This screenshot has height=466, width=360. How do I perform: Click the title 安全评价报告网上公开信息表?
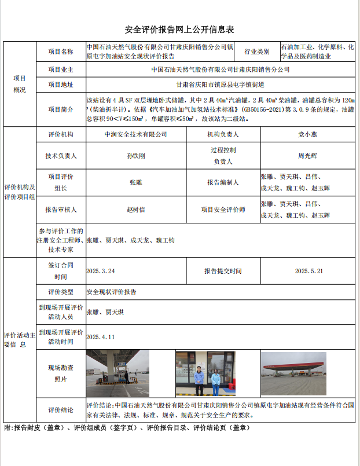point(179,30)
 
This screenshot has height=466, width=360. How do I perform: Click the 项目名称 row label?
point(61,52)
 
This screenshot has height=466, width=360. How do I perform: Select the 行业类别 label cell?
point(257,52)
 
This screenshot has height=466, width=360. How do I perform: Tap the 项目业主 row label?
point(61,69)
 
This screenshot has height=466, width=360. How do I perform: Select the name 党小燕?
point(307,134)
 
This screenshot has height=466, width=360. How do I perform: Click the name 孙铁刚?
point(135,156)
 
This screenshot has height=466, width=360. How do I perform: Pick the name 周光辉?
point(307,156)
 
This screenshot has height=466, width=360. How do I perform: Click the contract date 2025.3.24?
point(101,270)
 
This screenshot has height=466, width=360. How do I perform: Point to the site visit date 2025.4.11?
point(101,336)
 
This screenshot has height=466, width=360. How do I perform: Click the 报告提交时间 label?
point(223,270)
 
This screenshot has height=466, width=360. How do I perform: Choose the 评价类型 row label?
point(61,292)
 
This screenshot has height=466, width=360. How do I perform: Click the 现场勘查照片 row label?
point(61,373)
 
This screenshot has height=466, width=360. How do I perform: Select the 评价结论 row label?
point(61,410)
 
